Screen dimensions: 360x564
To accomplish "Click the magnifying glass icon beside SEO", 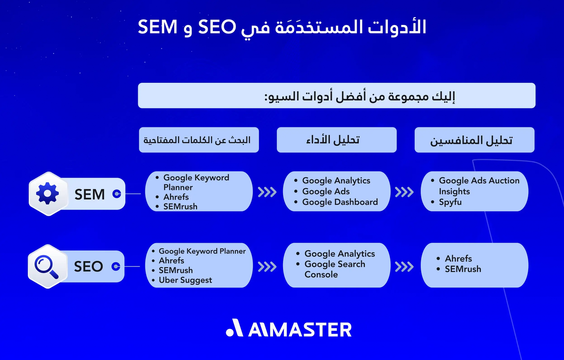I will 47,266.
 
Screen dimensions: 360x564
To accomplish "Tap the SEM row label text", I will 90,194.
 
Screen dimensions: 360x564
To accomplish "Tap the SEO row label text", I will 88,267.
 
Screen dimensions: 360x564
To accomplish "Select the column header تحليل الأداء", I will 337,140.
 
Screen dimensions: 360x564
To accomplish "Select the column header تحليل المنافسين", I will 474,140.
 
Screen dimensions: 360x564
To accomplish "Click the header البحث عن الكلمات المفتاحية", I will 199,140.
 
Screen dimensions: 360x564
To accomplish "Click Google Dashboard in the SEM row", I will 340,202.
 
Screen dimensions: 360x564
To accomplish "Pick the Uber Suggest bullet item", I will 185,280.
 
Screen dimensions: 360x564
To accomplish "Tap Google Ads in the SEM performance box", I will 326,191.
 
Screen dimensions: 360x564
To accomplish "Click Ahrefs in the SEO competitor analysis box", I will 458,258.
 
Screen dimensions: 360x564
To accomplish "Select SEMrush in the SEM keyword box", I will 180,206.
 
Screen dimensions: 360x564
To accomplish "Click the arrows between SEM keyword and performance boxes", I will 267,192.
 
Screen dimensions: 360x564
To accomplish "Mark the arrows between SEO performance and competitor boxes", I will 404,266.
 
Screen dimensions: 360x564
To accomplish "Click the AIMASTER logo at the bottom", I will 289,329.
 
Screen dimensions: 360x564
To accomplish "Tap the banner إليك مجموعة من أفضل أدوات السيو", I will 337,96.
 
